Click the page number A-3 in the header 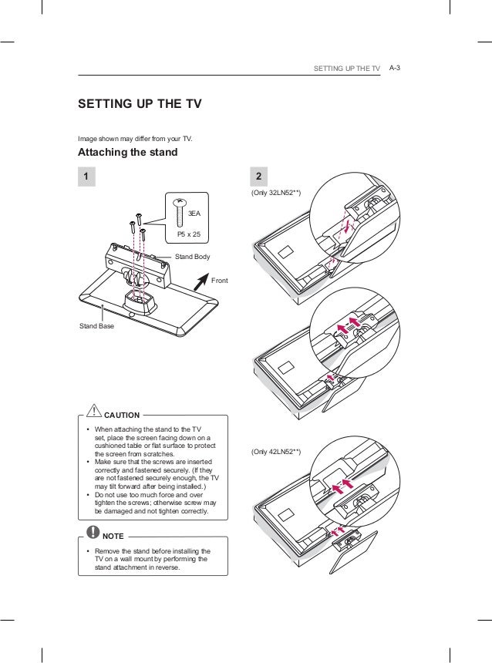[x=397, y=69]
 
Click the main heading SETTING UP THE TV [x=140, y=104]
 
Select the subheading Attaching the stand [x=127, y=152]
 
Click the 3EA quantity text [x=196, y=212]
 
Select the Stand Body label [x=193, y=255]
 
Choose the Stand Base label [x=97, y=326]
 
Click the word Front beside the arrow [x=220, y=281]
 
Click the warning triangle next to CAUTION [x=92, y=411]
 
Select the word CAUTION [x=122, y=415]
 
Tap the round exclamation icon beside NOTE [x=93, y=532]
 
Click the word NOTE [x=115, y=535]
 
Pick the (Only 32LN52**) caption [x=275, y=192]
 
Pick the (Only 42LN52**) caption [x=275, y=451]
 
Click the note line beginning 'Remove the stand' [x=153, y=551]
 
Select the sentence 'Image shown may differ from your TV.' [x=135, y=139]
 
